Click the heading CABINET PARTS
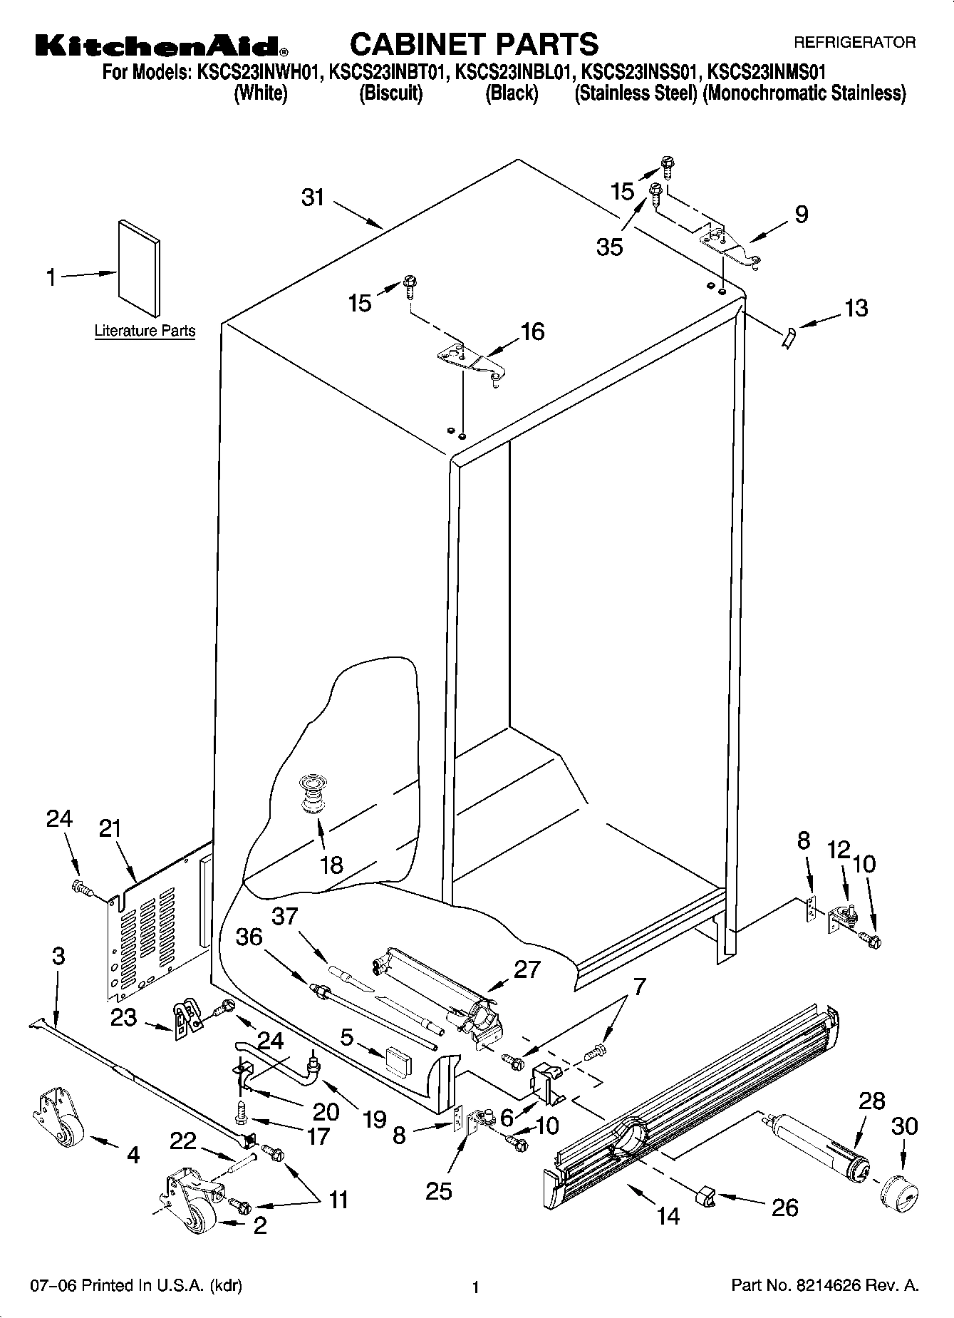pos(474,44)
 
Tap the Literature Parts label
pos(145,331)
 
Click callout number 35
pos(610,247)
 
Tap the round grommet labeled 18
pos(311,793)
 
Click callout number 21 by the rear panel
pos(110,829)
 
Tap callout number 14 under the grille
pos(668,1215)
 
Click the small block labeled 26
pos(706,1197)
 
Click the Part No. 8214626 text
pos(825,1286)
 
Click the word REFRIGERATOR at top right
pos(854,43)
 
